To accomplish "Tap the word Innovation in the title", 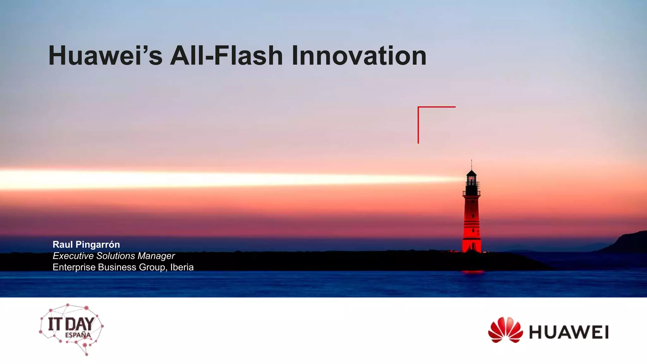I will [x=359, y=56].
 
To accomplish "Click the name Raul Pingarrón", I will [x=86, y=245].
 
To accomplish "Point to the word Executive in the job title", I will [x=73, y=256].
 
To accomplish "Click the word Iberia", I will [x=182, y=267].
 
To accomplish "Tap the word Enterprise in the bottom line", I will [x=74, y=267].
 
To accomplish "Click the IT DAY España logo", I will [x=71, y=329].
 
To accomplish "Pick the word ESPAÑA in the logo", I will [x=78, y=335].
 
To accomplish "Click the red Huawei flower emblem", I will [x=505, y=330].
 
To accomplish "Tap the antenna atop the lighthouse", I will [x=471, y=164].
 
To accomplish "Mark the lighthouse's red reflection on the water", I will [x=472, y=272].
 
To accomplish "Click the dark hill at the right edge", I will [x=629, y=243].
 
